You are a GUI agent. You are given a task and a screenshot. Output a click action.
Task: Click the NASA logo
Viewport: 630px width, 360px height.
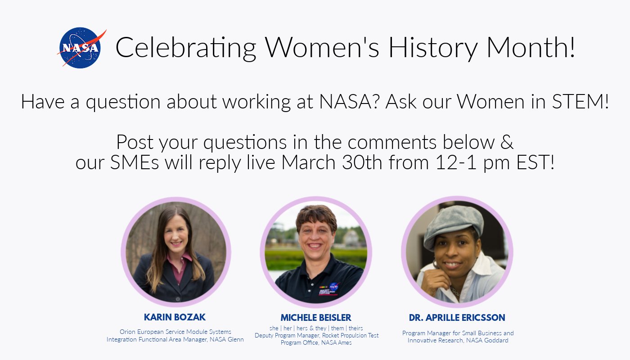81,48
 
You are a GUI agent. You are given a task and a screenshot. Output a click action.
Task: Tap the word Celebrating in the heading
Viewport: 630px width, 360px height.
186,48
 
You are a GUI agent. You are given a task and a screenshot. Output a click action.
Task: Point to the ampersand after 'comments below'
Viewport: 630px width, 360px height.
507,142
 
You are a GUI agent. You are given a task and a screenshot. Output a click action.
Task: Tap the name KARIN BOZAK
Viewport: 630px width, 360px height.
175,317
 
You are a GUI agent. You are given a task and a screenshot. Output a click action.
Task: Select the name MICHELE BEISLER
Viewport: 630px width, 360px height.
316,318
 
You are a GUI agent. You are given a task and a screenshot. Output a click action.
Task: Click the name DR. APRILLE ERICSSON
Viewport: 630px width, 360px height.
457,318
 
